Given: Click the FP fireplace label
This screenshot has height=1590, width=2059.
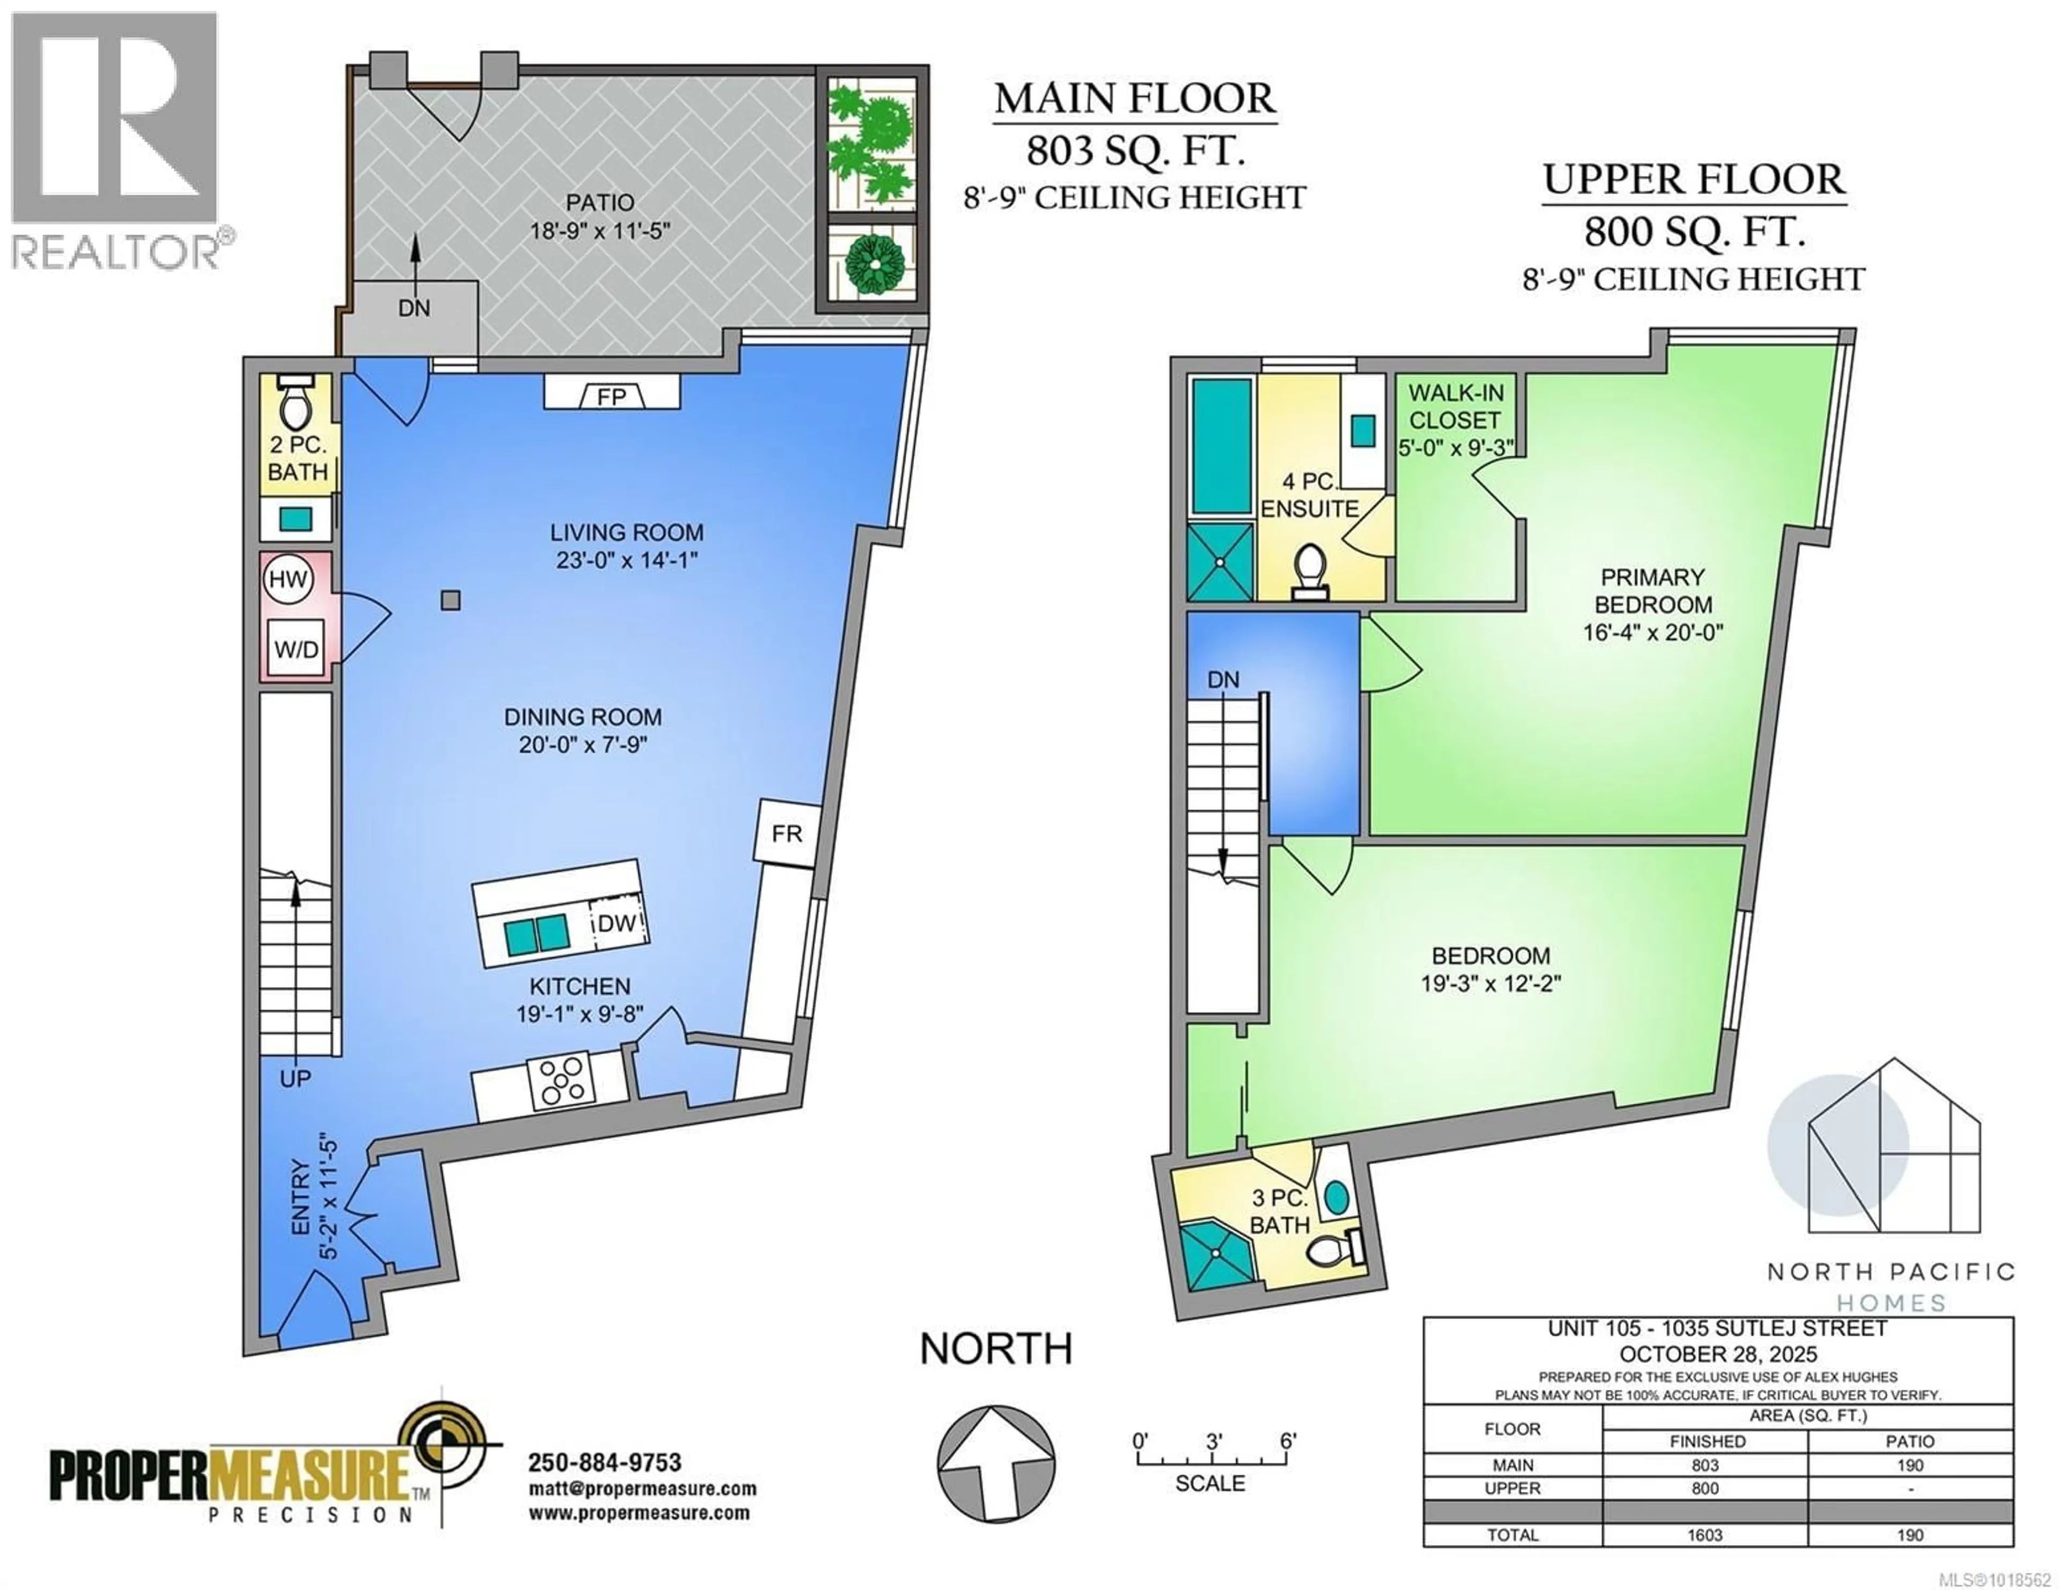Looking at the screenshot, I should tap(611, 396).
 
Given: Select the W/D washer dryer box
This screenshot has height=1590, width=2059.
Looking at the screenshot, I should tap(296, 648).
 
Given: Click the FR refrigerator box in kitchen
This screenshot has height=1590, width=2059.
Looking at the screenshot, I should tap(786, 832).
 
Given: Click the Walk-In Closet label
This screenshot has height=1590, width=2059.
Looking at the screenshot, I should tap(1456, 406).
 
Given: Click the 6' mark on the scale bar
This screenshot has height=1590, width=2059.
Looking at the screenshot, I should tap(1288, 1441).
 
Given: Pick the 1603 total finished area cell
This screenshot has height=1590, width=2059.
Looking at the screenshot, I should tap(1705, 1534).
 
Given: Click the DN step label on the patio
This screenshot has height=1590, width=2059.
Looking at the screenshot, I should tap(414, 308).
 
